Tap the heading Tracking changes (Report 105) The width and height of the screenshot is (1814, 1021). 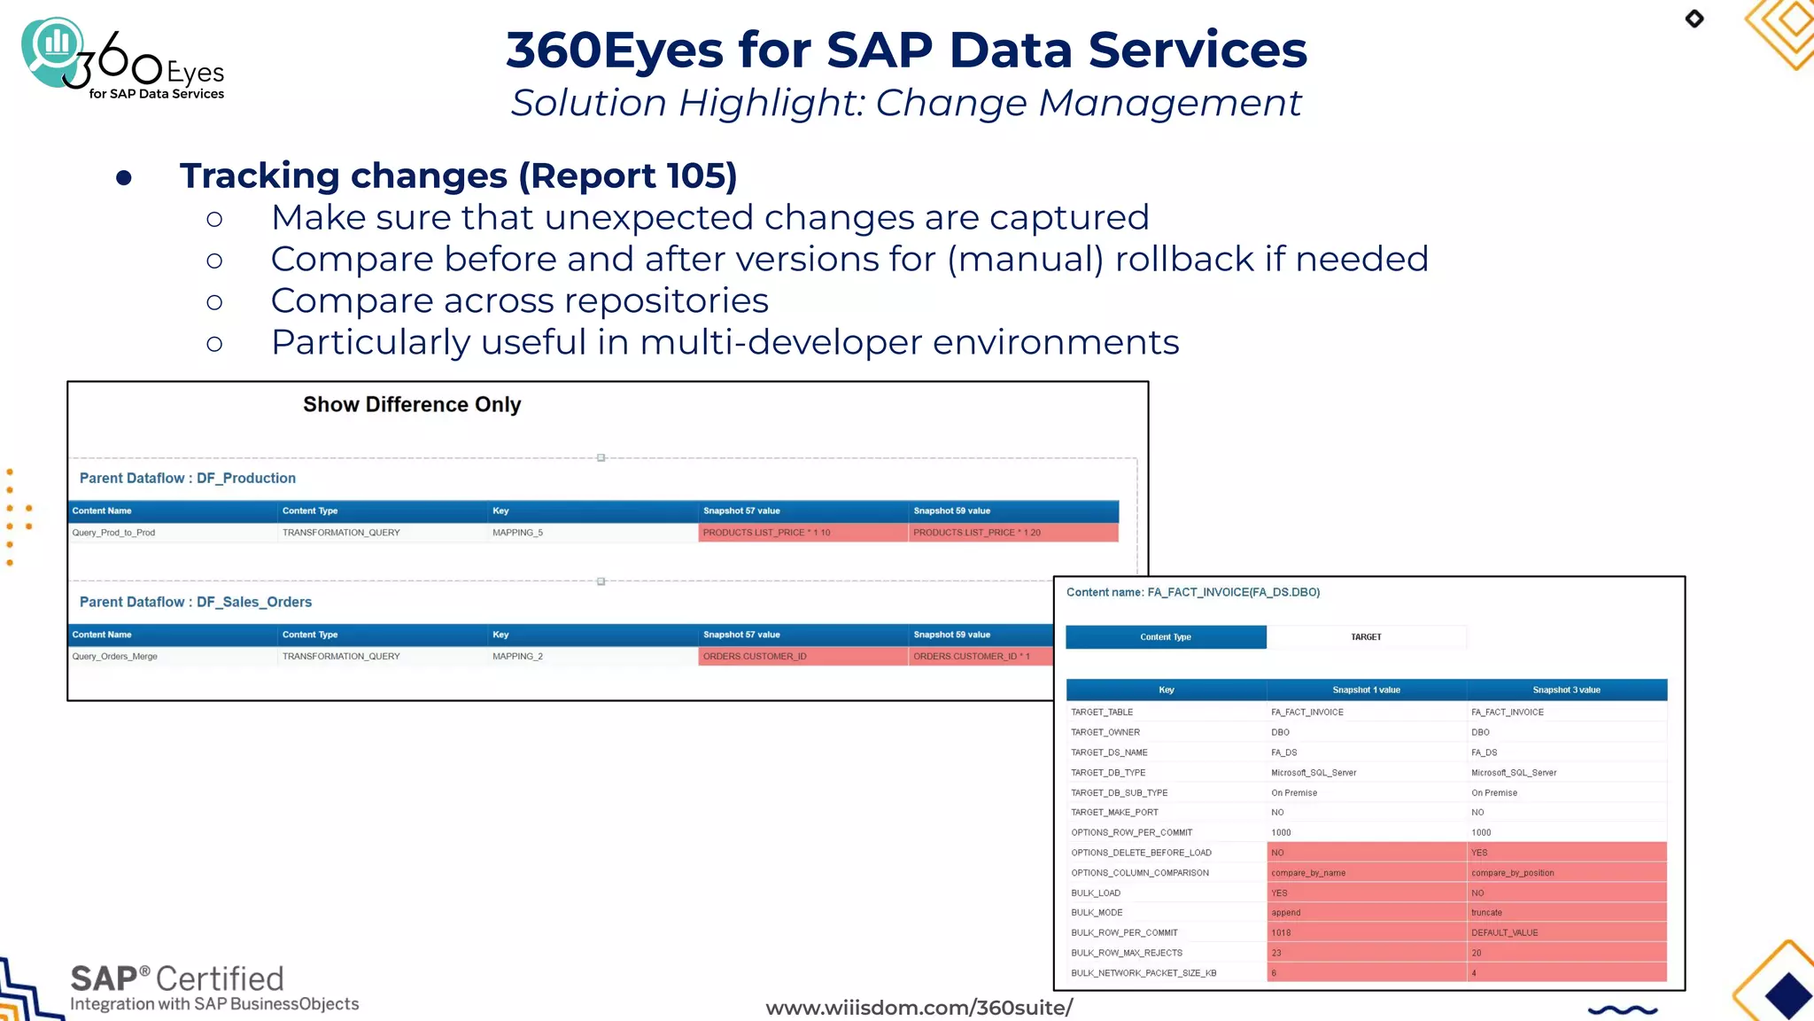pos(458,175)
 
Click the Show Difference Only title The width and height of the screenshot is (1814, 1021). pos(412,404)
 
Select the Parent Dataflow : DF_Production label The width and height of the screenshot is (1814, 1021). pos(188,478)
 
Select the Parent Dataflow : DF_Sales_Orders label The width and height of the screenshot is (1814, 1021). pos(196,602)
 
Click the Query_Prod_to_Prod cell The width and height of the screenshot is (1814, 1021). pos(113,533)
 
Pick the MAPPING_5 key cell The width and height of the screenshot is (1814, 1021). pos(517,533)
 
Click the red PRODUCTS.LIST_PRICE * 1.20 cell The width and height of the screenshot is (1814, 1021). pos(977,533)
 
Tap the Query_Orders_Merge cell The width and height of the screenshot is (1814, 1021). pos(115,657)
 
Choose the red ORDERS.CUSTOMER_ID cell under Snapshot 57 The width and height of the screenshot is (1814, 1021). pos(755,657)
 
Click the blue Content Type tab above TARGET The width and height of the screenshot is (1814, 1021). pos(1165,637)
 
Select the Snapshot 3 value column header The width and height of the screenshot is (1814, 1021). pos(1566,690)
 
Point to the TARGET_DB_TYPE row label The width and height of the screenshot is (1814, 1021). pos(1108,773)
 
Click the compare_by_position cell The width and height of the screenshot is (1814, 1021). pos(1513,873)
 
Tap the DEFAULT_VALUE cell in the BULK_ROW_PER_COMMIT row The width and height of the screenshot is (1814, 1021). pos(1504,933)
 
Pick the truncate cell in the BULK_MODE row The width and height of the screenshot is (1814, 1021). pos(1486,913)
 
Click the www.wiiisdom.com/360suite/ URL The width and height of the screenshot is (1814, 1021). pos(919,1008)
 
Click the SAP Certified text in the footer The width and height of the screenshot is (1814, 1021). pos(177,978)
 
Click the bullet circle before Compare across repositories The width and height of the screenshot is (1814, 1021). pos(214,302)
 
